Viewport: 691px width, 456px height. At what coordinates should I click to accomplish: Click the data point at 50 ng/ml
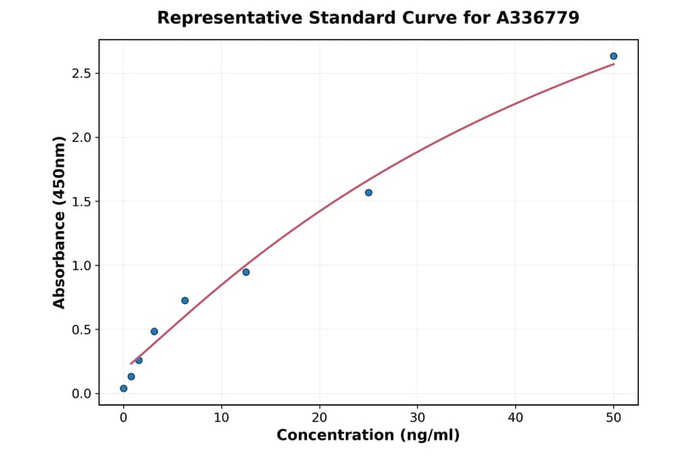[x=613, y=56]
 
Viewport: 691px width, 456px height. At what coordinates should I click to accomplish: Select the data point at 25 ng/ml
[x=369, y=193]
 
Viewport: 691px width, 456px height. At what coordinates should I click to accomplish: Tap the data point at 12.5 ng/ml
[x=246, y=272]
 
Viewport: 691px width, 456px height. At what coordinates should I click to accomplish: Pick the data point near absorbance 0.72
[x=185, y=300]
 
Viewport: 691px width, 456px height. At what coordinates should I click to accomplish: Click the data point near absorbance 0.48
[x=154, y=332]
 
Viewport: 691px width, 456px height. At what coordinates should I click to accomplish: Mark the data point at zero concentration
[x=124, y=388]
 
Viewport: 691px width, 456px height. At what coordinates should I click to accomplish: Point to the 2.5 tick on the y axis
[x=81, y=74]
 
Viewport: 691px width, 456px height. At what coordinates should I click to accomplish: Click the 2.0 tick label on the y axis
[x=81, y=137]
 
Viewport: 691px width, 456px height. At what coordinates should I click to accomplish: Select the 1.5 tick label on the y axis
[x=81, y=202]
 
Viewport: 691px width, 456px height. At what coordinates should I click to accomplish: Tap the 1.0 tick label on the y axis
[x=81, y=266]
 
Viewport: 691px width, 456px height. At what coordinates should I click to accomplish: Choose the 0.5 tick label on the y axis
[x=81, y=330]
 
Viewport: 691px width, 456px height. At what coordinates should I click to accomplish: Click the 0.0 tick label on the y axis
[x=81, y=394]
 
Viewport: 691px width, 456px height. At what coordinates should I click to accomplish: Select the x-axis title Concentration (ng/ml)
[x=368, y=436]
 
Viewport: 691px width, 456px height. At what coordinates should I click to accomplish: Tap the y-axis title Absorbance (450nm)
[x=60, y=222]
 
